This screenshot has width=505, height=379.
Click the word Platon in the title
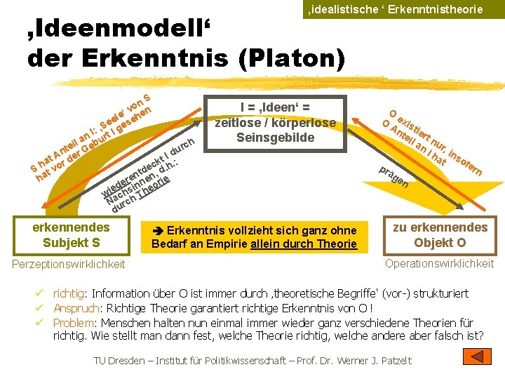295,58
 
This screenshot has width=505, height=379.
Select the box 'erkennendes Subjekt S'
71,235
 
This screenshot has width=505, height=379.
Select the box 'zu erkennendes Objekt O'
440,235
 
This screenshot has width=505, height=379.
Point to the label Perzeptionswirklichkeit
69,264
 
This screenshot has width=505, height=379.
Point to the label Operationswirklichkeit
440,263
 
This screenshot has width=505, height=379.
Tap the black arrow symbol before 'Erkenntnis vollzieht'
159,231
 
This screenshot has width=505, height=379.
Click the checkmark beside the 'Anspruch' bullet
43,308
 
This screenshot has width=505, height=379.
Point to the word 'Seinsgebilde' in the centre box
275,138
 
